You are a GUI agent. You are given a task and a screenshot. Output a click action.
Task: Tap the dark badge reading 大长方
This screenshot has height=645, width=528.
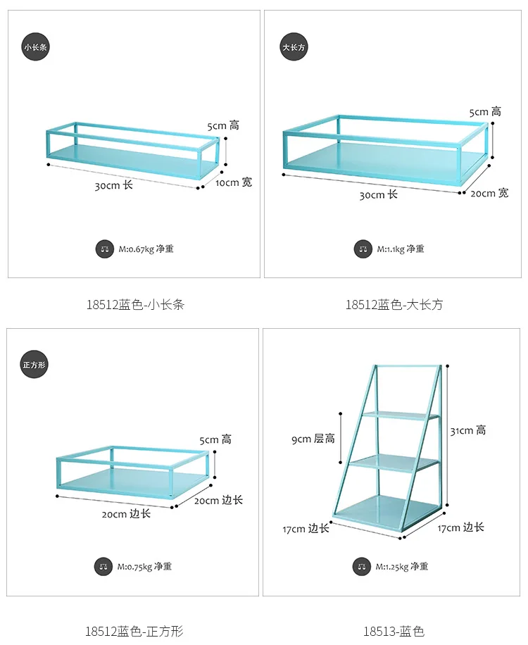(294, 47)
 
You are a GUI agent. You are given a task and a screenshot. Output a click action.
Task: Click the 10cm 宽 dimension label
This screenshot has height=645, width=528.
(233, 182)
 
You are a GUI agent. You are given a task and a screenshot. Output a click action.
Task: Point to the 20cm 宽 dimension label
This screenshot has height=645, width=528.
(490, 193)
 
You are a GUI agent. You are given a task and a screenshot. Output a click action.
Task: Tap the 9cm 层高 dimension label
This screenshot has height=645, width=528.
(314, 439)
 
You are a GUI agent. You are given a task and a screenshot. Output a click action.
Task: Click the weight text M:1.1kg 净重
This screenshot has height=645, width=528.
(401, 249)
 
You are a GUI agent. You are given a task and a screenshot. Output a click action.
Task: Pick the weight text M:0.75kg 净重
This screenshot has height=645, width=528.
(144, 566)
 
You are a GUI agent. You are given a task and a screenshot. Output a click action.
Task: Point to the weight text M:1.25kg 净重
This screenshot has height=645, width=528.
(402, 566)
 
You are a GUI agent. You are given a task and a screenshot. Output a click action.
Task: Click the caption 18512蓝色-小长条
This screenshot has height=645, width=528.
(135, 305)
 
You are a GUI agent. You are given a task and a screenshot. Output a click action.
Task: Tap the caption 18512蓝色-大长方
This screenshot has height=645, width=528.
(394, 305)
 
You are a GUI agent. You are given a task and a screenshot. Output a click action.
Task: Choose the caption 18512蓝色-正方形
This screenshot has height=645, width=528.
(135, 632)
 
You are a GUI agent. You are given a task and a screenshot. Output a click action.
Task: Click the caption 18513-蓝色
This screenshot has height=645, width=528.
(394, 632)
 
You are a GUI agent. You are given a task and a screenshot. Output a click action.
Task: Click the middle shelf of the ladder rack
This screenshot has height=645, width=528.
(394, 463)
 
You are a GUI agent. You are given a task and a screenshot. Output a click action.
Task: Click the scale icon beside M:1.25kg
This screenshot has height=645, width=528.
(363, 566)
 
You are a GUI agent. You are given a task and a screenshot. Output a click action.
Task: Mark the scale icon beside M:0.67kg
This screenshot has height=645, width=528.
(104, 249)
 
